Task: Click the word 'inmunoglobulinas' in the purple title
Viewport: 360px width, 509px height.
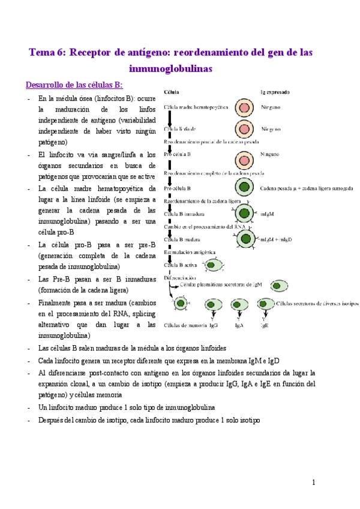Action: pyautogui.click(x=172, y=69)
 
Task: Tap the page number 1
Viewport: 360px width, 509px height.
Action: pyautogui.click(x=313, y=482)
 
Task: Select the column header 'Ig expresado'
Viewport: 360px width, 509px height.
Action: pyautogui.click(x=275, y=93)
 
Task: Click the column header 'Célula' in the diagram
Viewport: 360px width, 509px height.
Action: pyautogui.click(x=170, y=93)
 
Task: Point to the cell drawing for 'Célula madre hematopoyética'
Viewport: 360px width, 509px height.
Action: pyautogui.click(x=244, y=107)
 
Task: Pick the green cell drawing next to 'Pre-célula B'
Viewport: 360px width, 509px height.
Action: pyautogui.click(x=244, y=188)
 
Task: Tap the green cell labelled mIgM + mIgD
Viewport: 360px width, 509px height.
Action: pyautogui.click(x=244, y=239)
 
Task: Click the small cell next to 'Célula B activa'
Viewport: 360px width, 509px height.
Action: pyautogui.click(x=215, y=265)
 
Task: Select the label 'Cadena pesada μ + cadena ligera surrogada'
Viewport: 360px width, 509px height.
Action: pyautogui.click(x=306, y=188)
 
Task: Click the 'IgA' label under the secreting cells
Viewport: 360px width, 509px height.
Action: pyautogui.click(x=239, y=325)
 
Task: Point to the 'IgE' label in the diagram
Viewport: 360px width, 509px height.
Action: pyautogui.click(x=264, y=325)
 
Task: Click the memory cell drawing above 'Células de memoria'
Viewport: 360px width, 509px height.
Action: pyautogui.click(x=181, y=304)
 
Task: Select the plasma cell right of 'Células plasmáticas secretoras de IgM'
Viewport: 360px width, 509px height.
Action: pyautogui.click(x=280, y=286)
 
